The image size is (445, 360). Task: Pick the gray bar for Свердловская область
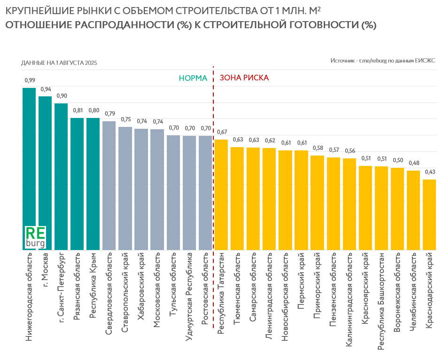tap(109, 186)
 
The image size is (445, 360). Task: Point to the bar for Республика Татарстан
tap(221, 195)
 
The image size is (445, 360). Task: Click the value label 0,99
tap(29, 80)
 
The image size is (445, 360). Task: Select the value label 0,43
tap(429, 172)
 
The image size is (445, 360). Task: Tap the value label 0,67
tap(221, 132)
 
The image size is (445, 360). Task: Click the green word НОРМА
tap(193, 78)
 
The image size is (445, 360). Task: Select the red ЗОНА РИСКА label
tap(244, 78)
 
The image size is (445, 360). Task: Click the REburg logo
tap(35, 237)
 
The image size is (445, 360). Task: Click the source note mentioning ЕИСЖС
tap(383, 61)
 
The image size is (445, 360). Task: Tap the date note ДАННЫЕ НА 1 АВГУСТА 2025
tap(59, 63)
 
